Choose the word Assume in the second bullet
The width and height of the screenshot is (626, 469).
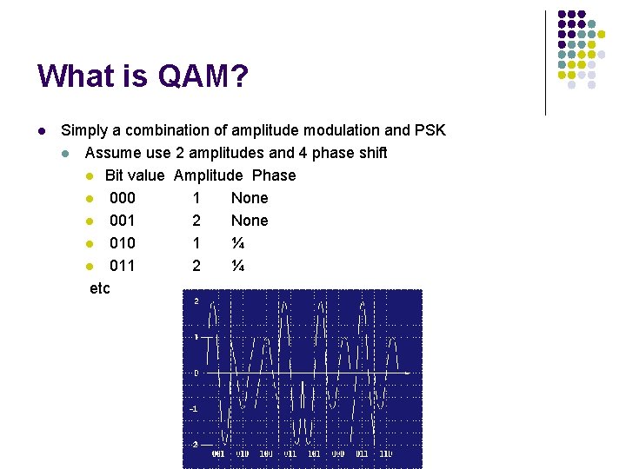coord(112,153)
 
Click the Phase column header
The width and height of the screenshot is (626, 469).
coord(274,175)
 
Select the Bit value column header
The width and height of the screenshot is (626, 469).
coord(135,175)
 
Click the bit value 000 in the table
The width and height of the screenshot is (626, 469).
coord(122,198)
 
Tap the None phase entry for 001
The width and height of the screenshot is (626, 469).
coord(250,221)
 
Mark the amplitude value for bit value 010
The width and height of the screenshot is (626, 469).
coord(196,243)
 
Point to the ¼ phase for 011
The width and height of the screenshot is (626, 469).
coord(237,266)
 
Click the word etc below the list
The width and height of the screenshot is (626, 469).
coord(100,288)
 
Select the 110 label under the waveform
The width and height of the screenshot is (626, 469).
coord(385,453)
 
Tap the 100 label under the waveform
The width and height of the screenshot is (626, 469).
coord(266,453)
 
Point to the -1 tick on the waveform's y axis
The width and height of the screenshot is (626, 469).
coord(194,408)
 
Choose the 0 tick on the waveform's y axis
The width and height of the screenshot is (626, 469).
coord(196,373)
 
